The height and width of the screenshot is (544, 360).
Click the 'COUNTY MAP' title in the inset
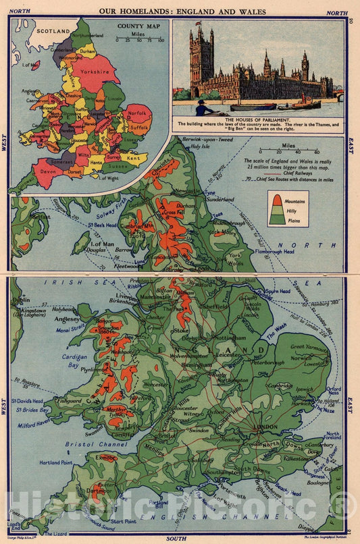point(139,26)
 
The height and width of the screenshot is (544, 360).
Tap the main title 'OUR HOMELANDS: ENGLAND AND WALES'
point(180,11)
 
